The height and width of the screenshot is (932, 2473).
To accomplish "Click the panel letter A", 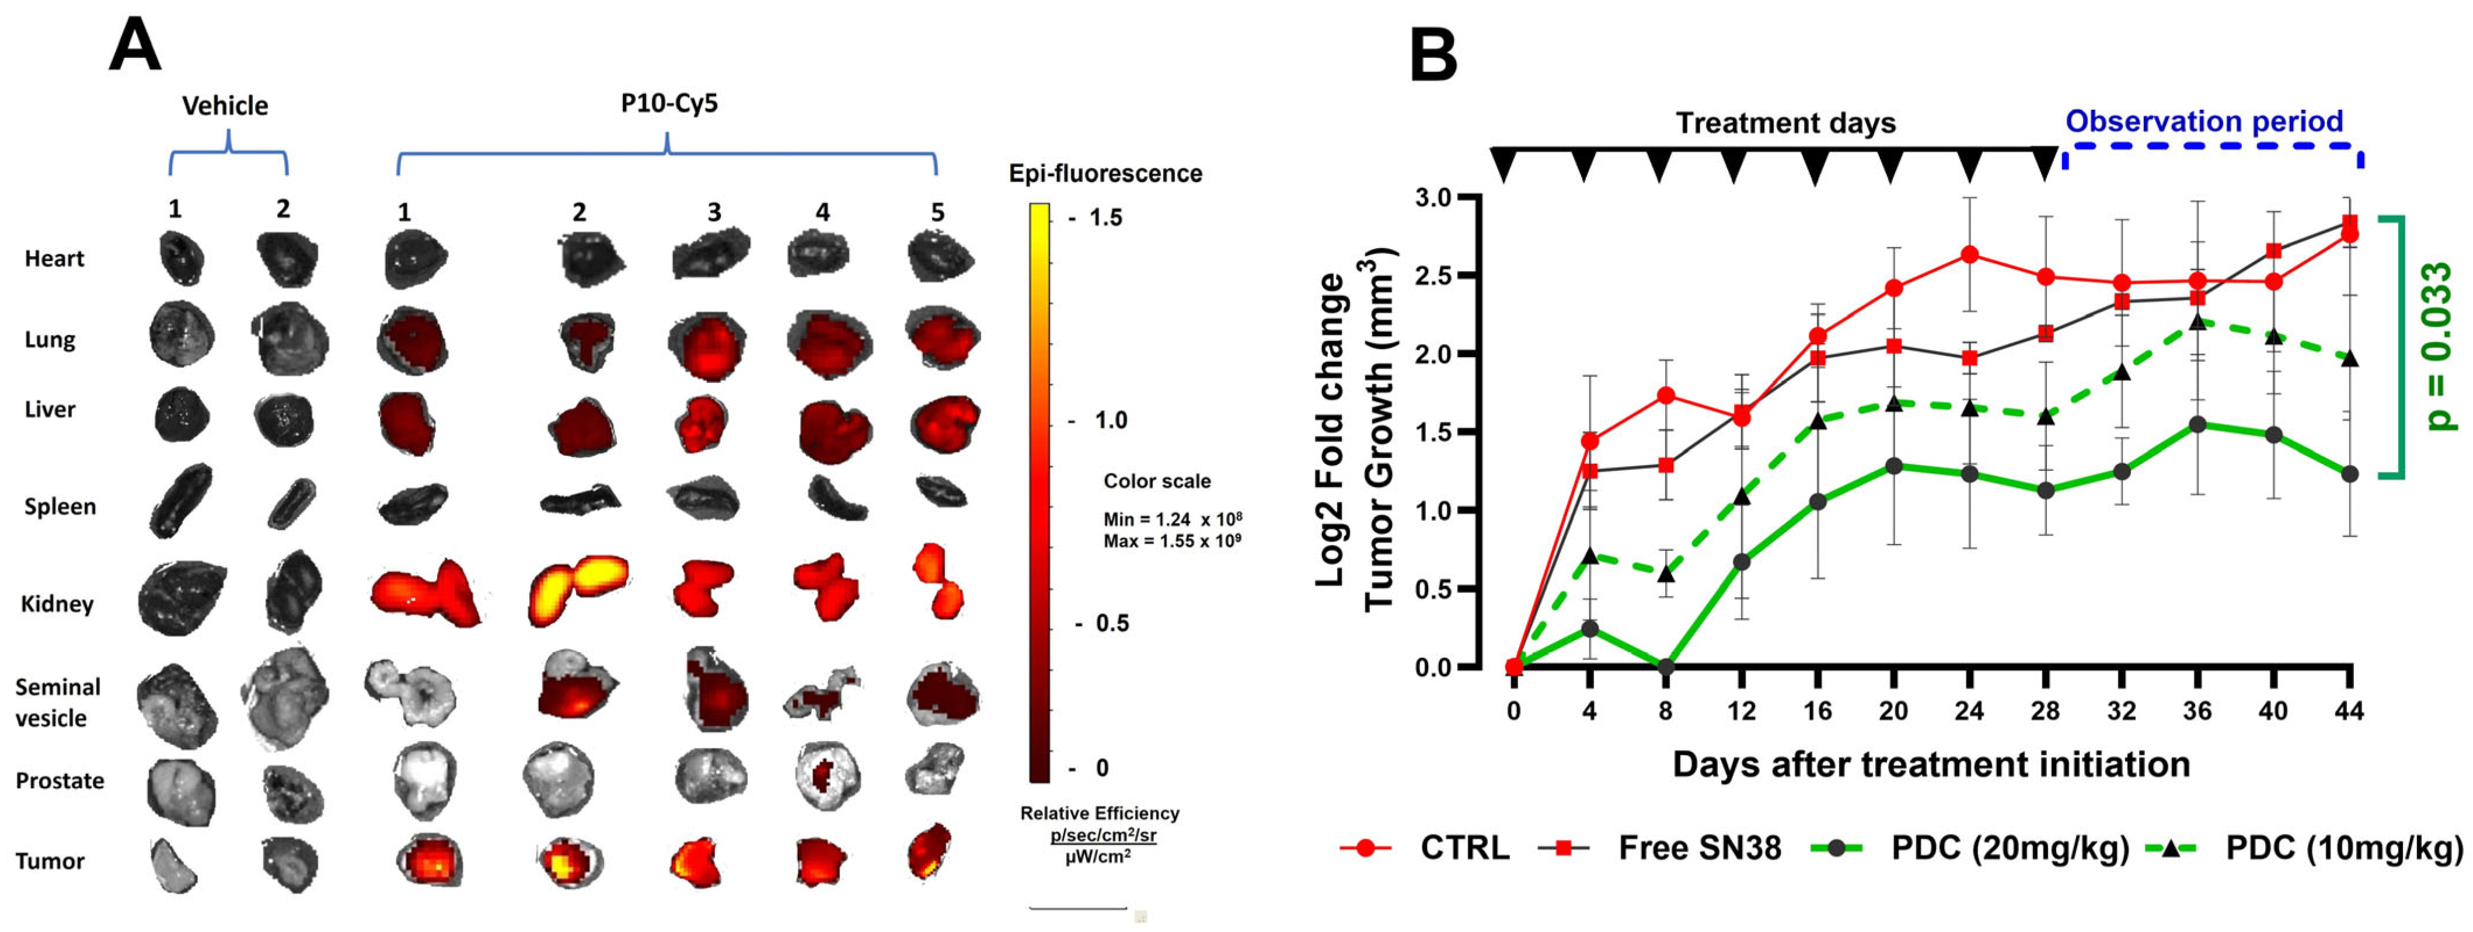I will (x=134, y=48).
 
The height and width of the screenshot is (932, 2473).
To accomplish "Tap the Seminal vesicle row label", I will (x=58, y=703).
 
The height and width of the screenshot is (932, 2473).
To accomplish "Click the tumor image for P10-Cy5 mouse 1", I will (x=429, y=860).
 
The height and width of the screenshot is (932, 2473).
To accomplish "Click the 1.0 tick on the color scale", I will (x=1109, y=420).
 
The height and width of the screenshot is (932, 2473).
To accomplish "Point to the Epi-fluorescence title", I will (x=1105, y=174).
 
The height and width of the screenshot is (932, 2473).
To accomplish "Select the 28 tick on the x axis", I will (x=2045, y=711).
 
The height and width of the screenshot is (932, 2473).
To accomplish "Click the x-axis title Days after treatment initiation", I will (x=1931, y=765).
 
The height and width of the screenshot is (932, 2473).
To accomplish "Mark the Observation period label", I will (x=2204, y=122).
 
